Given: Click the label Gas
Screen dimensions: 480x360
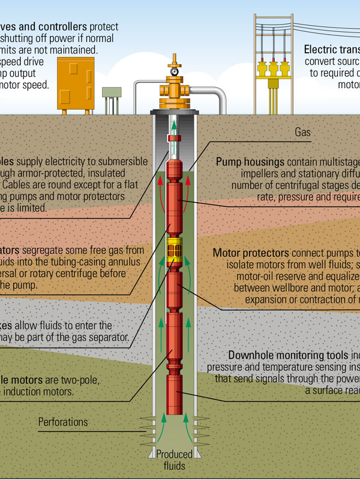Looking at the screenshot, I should tap(302, 132).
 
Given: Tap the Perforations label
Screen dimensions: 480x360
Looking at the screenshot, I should tap(63, 422).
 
